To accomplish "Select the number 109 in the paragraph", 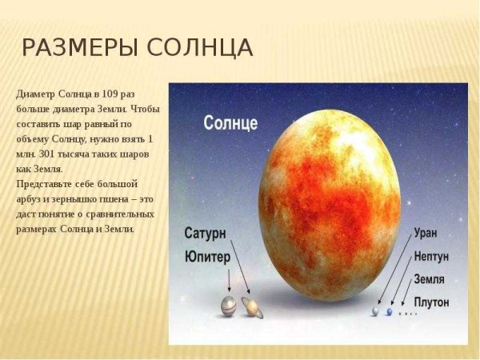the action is pyautogui.click(x=110, y=94).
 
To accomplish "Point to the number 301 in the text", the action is pyautogui.click(x=47, y=154).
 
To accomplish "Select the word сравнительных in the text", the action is pyautogui.click(x=120, y=214).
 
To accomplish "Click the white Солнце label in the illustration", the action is pyautogui.click(x=230, y=123).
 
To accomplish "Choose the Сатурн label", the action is pyautogui.click(x=205, y=234).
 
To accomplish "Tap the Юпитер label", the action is pyautogui.click(x=207, y=257).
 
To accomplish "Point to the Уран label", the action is pyautogui.click(x=426, y=234).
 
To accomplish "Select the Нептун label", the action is pyautogui.click(x=431, y=256).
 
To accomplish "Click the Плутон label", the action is pyautogui.click(x=432, y=302).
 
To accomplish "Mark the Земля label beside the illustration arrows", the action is pyautogui.click(x=429, y=279).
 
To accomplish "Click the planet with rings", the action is pyautogui.click(x=252, y=307).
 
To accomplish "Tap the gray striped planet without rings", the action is pyautogui.click(x=229, y=306).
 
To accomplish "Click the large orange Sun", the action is pyautogui.click(x=330, y=206).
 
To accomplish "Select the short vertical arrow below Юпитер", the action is pyautogui.click(x=229, y=281).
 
